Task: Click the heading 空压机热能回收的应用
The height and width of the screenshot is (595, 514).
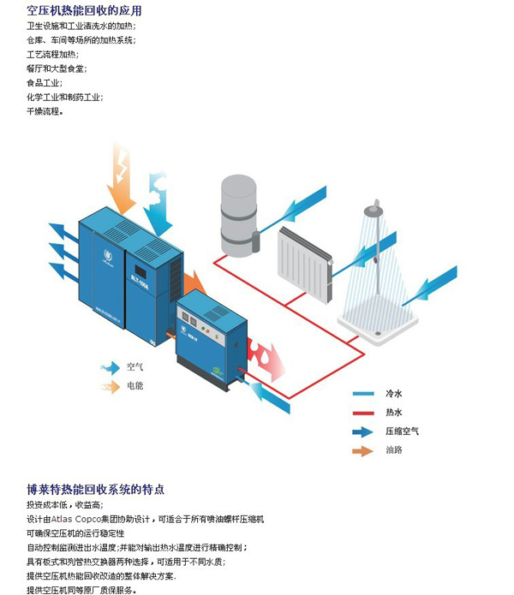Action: pyautogui.click(x=84, y=11)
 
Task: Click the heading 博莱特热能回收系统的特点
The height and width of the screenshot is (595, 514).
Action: pyautogui.click(x=95, y=491)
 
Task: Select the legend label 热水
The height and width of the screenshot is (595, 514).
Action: pyautogui.click(x=394, y=413)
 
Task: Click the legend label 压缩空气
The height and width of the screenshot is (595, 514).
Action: pyautogui.click(x=402, y=431)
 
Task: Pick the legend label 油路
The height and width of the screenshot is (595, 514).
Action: pyautogui.click(x=394, y=450)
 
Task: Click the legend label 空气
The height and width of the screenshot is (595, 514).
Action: pyautogui.click(x=134, y=366)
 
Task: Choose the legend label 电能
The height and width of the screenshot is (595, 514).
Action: pyautogui.click(x=134, y=386)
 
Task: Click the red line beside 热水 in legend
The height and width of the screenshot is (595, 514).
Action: pyautogui.click(x=363, y=413)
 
